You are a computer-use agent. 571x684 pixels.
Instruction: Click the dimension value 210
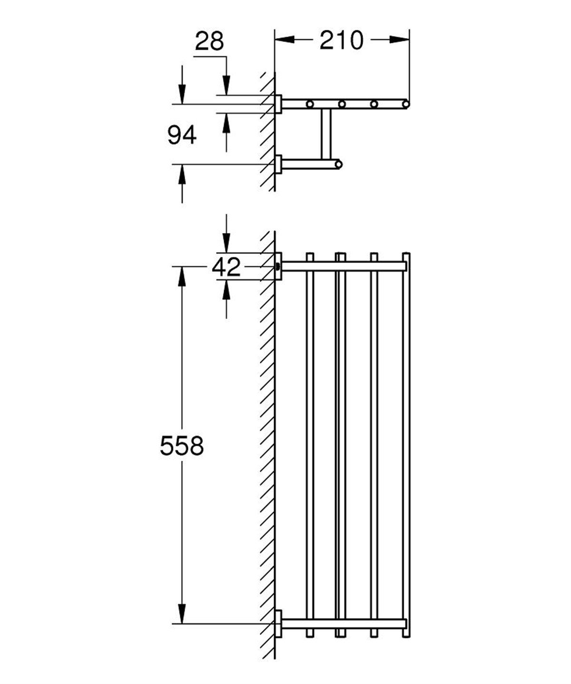341,41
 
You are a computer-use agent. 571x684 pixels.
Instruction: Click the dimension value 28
209,41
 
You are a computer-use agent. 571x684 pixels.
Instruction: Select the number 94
182,137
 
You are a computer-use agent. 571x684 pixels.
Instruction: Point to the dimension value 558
182,446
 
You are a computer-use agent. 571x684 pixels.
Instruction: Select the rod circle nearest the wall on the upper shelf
310,104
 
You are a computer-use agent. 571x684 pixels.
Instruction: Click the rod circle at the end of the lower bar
338,165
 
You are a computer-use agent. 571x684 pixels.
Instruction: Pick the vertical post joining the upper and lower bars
325,134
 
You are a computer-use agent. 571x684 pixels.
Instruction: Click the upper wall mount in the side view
278,104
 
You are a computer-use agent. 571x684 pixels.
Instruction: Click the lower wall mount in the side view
278,165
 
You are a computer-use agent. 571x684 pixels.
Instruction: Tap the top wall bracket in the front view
278,265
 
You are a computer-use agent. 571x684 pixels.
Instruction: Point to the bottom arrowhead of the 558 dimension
182,614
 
